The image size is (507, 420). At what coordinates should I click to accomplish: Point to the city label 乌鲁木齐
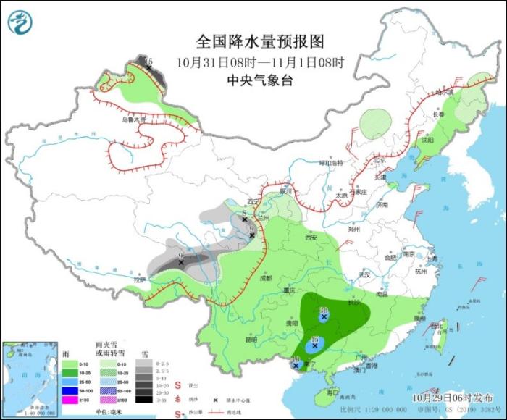[x=133, y=119]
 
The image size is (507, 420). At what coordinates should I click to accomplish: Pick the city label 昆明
[x=251, y=339]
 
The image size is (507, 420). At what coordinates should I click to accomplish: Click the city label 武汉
[x=363, y=274]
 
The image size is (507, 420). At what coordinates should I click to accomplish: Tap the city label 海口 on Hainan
[x=332, y=391]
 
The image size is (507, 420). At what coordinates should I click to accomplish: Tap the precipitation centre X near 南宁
[x=296, y=366]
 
